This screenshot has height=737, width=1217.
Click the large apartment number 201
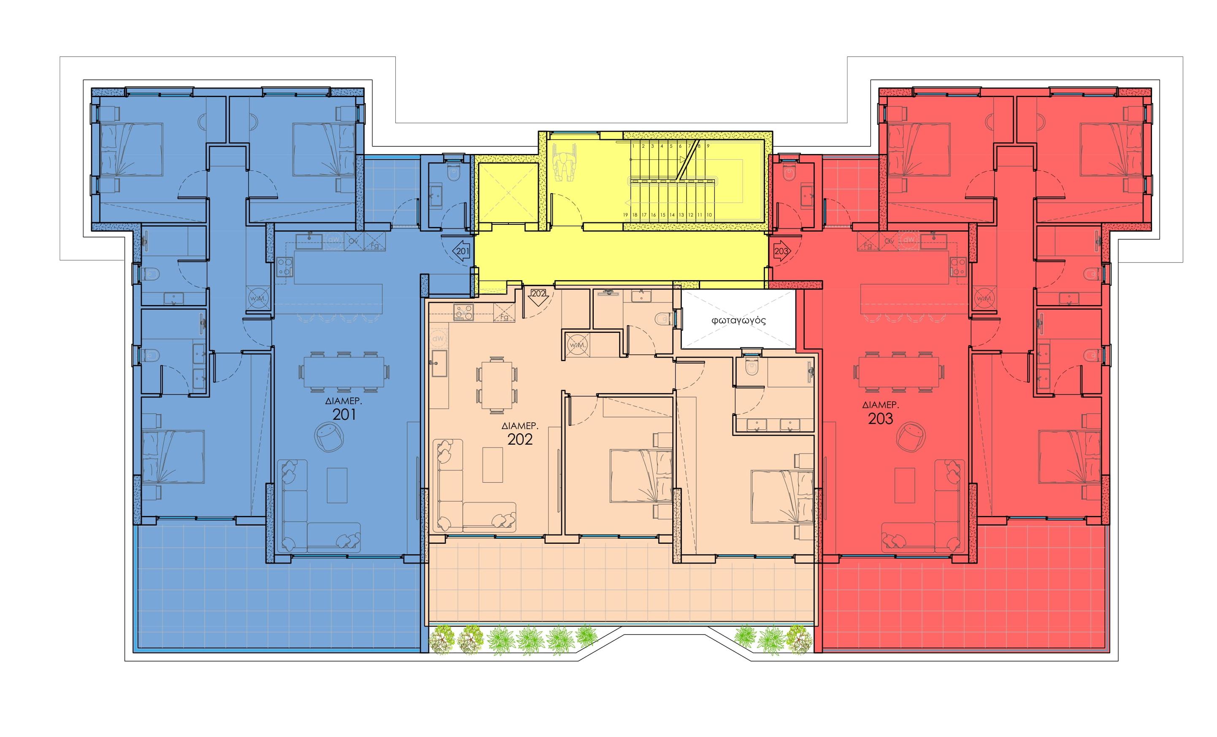[344, 415]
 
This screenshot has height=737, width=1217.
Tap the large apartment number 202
[519, 439]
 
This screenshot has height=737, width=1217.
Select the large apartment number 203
[880, 418]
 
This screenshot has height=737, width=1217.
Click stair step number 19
[625, 215]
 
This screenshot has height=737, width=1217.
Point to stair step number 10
[709, 215]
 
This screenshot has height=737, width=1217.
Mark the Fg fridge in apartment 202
[504, 317]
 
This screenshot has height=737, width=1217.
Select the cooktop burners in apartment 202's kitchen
[463, 313]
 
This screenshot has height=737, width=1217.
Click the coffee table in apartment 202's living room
[492, 464]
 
